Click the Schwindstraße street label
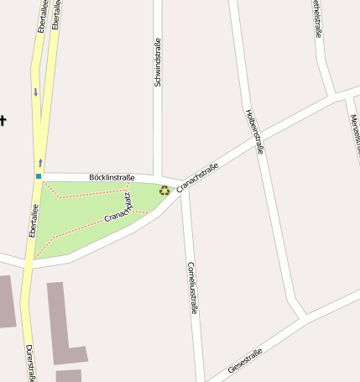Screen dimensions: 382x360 tap(157, 63)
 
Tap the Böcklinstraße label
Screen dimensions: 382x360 tap(112, 177)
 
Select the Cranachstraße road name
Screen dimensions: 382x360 tap(197, 175)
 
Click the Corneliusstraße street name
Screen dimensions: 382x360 tap(192, 287)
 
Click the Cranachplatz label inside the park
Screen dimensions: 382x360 tap(123, 211)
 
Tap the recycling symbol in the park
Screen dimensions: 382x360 tap(164, 191)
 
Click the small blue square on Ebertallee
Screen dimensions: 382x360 tap(38, 176)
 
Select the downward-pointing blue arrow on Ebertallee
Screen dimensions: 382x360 tap(35, 92)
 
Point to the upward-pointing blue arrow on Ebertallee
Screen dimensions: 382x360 tap(39, 161)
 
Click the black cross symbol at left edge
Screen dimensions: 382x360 tap(3, 120)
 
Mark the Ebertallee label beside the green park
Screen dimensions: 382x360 tap(34, 220)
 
